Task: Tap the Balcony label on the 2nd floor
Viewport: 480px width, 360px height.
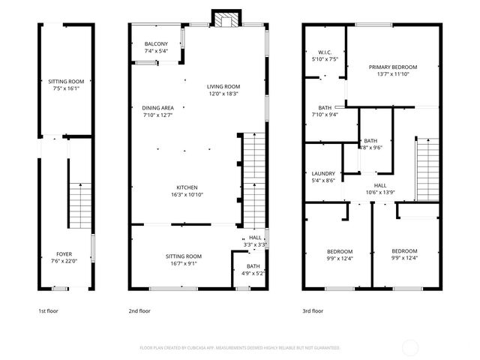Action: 156,44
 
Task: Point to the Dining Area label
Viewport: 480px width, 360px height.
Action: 157,108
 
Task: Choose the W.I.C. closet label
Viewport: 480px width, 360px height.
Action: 324,52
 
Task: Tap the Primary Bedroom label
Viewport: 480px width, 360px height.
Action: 393,67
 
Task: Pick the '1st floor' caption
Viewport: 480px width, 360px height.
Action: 49,310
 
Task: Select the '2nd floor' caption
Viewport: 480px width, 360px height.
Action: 140,310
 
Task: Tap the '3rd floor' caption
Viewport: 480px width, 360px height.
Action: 313,310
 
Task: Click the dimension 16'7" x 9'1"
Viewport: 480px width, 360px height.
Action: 184,263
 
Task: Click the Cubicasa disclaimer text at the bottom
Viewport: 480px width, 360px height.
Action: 240,348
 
